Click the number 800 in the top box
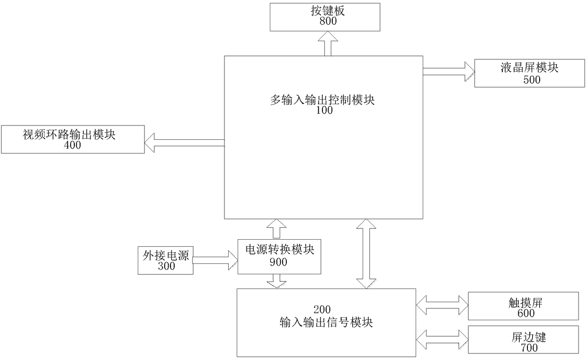(324, 21)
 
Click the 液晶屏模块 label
(529, 68)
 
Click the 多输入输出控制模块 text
(322, 100)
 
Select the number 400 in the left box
(72, 145)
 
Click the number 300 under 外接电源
(166, 266)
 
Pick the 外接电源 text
(166, 256)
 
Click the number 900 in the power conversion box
(278, 262)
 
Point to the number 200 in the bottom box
(326, 311)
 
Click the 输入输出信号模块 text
(326, 323)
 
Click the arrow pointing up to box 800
(324, 44)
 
